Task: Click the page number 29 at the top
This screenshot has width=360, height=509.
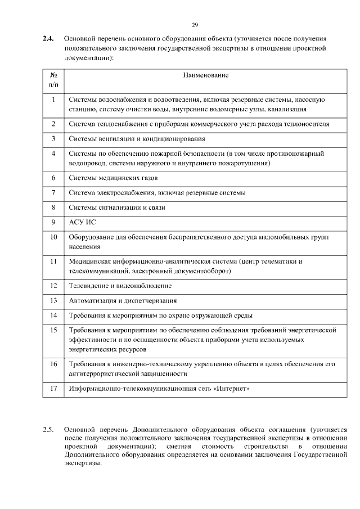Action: (x=195, y=25)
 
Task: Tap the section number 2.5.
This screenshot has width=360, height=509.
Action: (x=48, y=430)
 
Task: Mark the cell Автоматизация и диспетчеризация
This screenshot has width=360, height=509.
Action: (x=123, y=300)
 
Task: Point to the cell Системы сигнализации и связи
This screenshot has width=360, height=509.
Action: (x=117, y=208)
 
